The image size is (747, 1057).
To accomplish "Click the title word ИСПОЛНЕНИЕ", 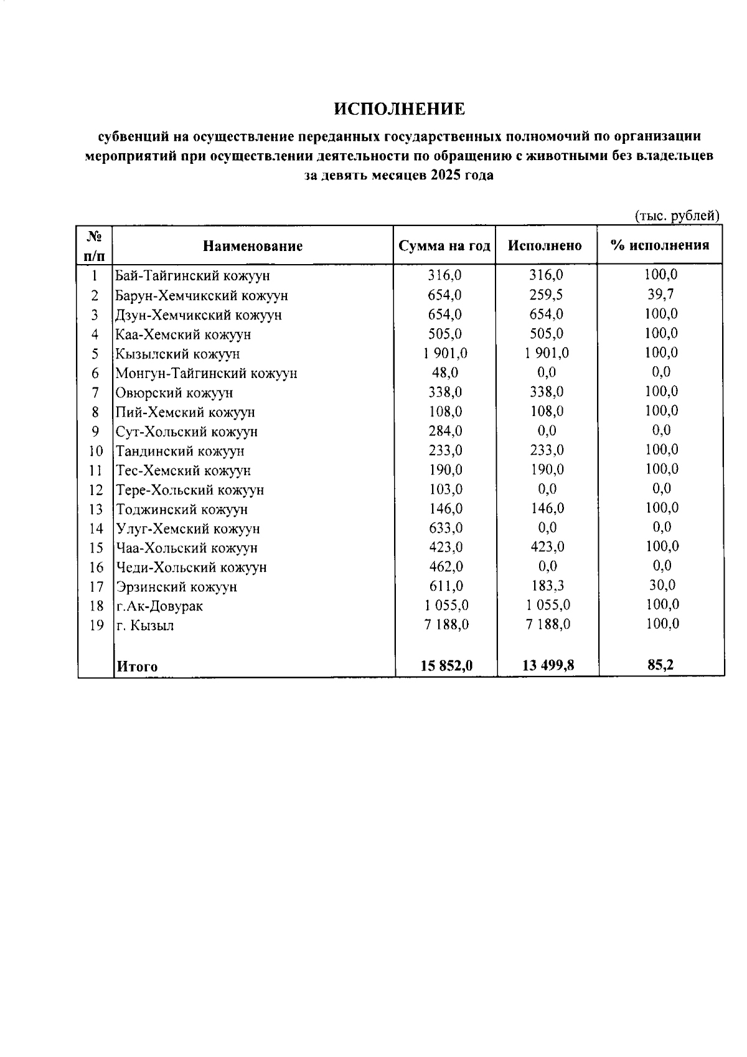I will [399, 109].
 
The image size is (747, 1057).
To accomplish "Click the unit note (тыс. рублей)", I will [677, 216].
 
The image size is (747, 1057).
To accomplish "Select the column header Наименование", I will [253, 246].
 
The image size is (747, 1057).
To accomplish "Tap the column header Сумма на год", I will [444, 245].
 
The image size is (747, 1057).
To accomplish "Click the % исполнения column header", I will [660, 245].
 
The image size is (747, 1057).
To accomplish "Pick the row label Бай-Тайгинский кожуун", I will [192, 275].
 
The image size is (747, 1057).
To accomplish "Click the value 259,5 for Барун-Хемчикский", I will [546, 295].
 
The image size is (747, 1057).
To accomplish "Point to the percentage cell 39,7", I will [660, 294].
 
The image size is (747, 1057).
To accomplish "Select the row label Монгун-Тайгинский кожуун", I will [206, 373].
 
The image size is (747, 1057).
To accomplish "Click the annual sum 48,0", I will [444, 372].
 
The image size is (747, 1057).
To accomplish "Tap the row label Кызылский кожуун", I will [177, 354].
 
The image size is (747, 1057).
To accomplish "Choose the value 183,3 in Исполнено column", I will [546, 585].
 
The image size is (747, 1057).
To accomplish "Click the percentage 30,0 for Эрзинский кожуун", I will [661, 585].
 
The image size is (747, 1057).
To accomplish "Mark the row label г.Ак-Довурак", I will [159, 605].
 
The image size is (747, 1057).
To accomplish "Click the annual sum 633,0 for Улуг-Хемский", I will [445, 528].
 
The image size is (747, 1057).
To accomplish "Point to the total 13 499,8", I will [548, 665].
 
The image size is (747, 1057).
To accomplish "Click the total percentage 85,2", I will [660, 665].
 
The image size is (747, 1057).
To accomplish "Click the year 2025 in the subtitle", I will [443, 175].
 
